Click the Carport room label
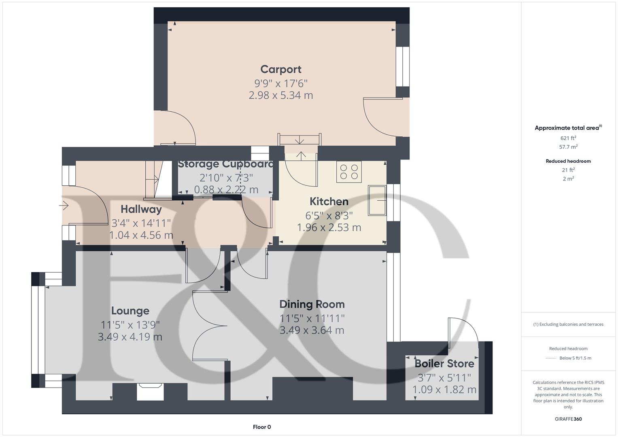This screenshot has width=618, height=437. coord(281,69)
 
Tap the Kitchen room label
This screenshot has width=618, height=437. coord(329,202)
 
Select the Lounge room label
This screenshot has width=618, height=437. coord(130,311)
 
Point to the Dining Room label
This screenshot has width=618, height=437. coord(312,304)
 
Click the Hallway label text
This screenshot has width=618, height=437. coord(141,209)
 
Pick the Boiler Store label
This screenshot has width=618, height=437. coord(444,363)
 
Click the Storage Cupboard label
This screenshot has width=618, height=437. coord(226,164)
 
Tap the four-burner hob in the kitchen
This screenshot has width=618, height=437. coord(349,172)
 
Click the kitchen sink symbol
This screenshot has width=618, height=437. coord(377,200)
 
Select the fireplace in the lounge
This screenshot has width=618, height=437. coord(150,391)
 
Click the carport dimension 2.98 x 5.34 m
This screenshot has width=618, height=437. coord(281,95)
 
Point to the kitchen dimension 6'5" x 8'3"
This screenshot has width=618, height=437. coord(329,215)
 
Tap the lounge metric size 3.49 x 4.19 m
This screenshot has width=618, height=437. coord(130,337)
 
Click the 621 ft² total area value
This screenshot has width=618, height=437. coord(568,138)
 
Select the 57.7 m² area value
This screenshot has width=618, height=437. coord(568,147)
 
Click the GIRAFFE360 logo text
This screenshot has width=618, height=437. coord(568,419)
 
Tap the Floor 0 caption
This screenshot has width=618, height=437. coord(262,427)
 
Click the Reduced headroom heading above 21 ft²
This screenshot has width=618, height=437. coord(568,161)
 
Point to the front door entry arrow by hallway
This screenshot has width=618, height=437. coord(64,206)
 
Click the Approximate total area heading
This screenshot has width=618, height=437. coord(567,128)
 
